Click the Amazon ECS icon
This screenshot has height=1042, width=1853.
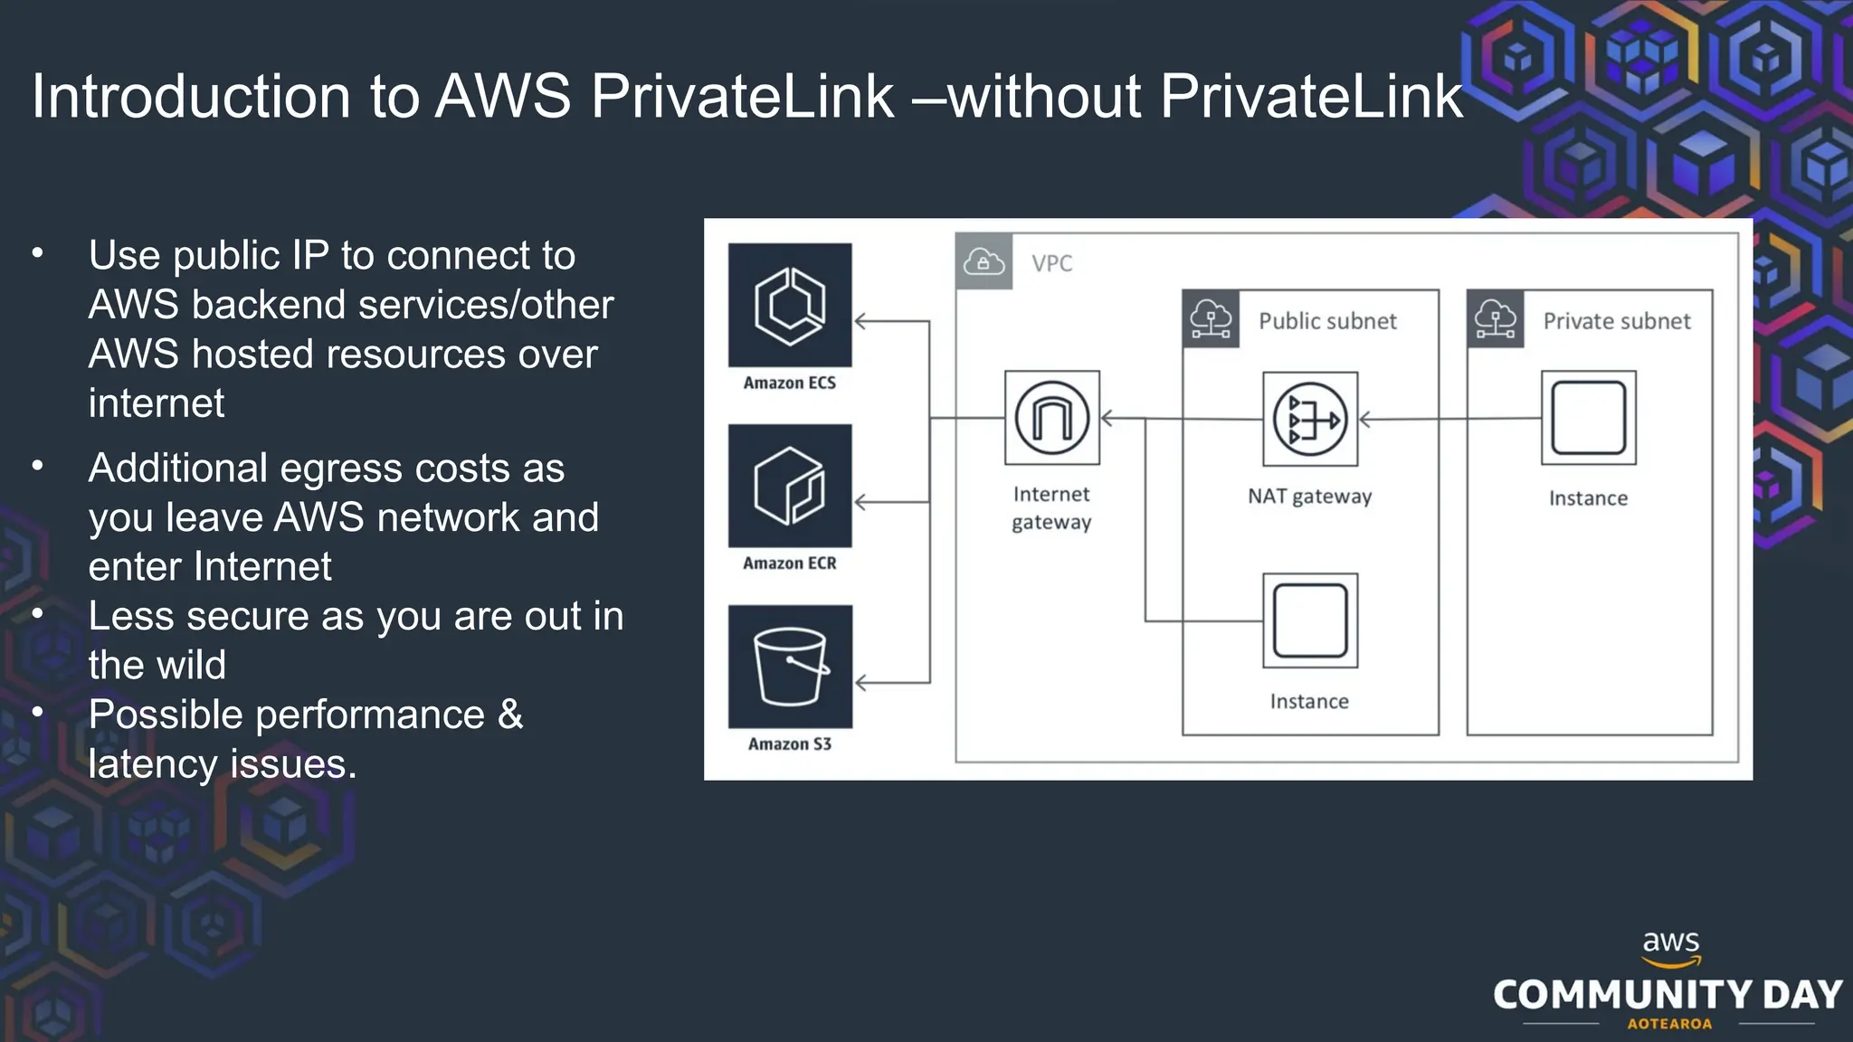tap(790, 305)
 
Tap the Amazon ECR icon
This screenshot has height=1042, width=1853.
tap(790, 486)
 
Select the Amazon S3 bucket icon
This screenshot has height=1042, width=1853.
tap(790, 667)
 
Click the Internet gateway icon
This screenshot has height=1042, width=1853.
tap(1052, 418)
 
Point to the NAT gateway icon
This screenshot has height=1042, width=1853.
tap(1310, 419)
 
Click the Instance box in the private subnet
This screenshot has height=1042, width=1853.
tap(1588, 418)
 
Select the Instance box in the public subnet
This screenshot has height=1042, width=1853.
tap(1310, 620)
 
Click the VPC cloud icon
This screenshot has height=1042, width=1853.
tap(984, 262)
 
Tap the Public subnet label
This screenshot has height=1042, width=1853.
tap(1327, 321)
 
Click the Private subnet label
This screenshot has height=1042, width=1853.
tap(1616, 321)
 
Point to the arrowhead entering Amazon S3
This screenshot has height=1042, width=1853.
tap(860, 683)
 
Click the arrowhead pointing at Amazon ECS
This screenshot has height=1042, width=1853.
tap(860, 321)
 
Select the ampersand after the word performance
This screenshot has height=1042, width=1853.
tap(510, 715)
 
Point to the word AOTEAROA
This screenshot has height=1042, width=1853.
tap(1669, 1024)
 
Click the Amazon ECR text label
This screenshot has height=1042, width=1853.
tap(790, 564)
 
